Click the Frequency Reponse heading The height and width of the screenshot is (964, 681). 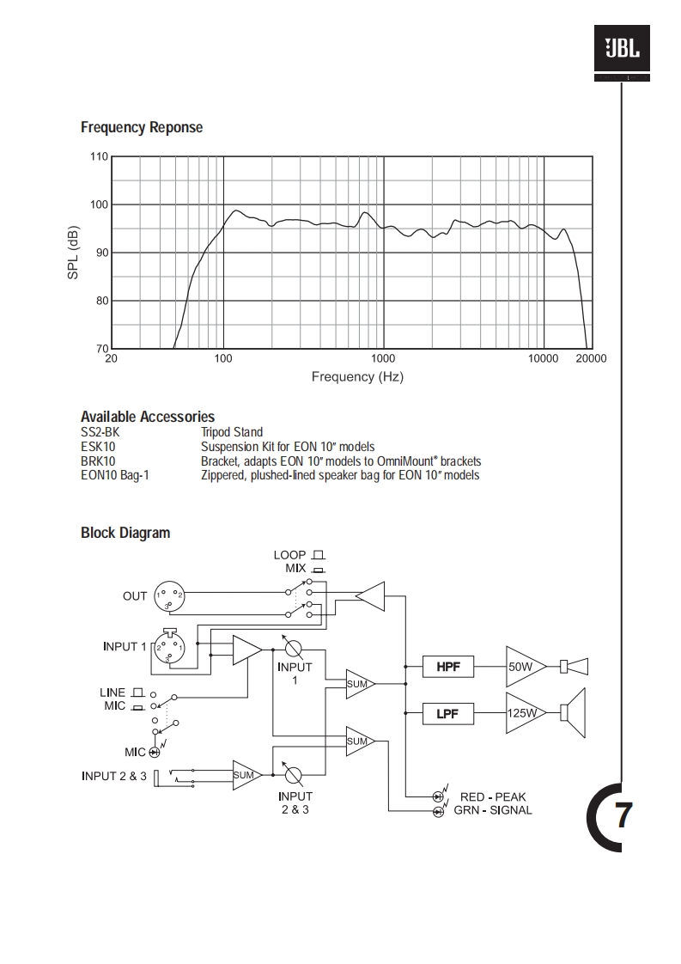142,127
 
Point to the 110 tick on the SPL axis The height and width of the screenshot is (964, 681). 99,156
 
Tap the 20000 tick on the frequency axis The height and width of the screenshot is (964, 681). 590,358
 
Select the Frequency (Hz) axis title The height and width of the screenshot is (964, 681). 357,376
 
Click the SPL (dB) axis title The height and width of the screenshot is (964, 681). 74,252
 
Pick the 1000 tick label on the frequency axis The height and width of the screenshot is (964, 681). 383,358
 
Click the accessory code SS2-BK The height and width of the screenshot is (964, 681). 100,432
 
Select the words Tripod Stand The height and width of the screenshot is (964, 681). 232,432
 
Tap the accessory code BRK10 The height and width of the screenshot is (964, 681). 98,461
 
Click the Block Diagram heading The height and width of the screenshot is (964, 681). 125,533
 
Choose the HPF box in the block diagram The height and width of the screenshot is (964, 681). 447,666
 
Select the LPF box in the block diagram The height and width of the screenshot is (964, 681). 447,712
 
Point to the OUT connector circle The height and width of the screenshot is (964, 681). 169,595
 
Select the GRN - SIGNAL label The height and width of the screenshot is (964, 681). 493,810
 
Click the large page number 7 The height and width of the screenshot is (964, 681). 623,815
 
